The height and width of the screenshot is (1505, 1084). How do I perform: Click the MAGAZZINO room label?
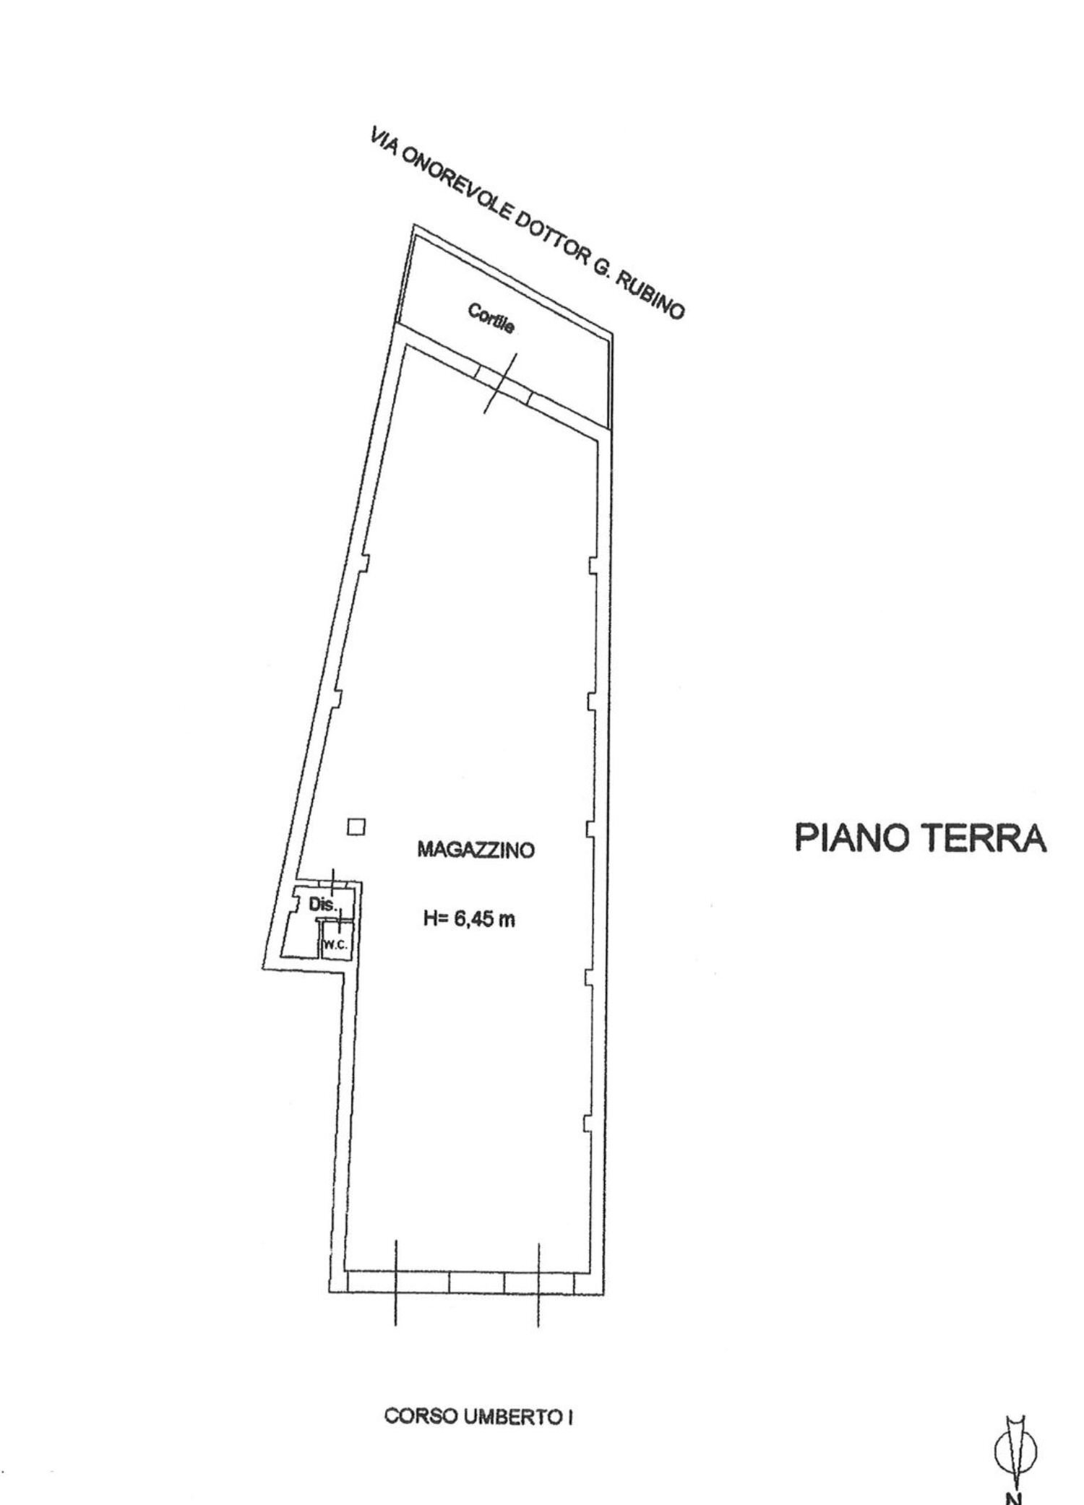pyautogui.click(x=476, y=850)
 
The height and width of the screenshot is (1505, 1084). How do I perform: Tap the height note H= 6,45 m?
pyautogui.click(x=468, y=920)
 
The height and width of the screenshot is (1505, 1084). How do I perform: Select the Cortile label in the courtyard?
pyautogui.click(x=491, y=319)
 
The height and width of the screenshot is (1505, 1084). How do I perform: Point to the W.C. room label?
pyautogui.click(x=336, y=944)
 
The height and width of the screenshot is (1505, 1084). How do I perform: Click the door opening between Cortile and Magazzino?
pyautogui.click(x=504, y=382)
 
